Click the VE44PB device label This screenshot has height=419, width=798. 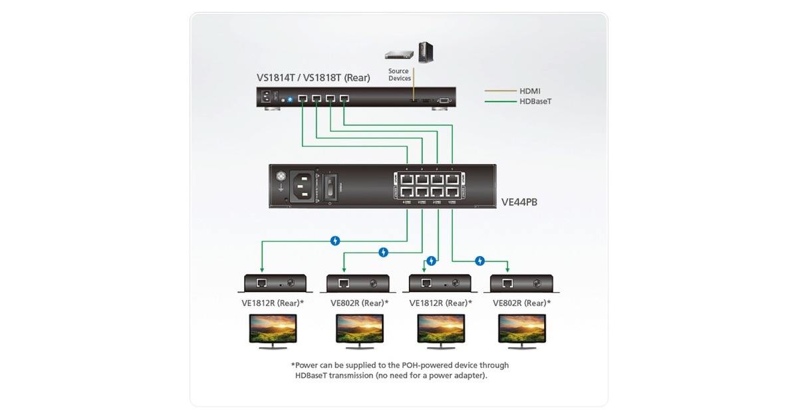[519, 201]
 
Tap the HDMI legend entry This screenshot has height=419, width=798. [531, 90]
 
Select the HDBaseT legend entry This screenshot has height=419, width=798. [536, 102]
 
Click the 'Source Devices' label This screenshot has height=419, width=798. [399, 74]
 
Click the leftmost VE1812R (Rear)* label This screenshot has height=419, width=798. [273, 303]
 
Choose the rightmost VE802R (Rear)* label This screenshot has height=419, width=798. [522, 303]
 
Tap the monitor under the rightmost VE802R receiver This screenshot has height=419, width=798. [522, 330]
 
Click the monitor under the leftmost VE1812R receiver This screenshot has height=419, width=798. [273, 330]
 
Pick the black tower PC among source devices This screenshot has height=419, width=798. [425, 53]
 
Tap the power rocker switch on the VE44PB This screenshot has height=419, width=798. [329, 187]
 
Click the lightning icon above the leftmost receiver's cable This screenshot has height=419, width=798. [336, 241]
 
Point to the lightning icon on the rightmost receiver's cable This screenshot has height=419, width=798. [480, 261]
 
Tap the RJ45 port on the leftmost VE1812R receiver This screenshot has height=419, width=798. [262, 283]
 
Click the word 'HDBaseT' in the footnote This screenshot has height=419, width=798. [315, 376]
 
